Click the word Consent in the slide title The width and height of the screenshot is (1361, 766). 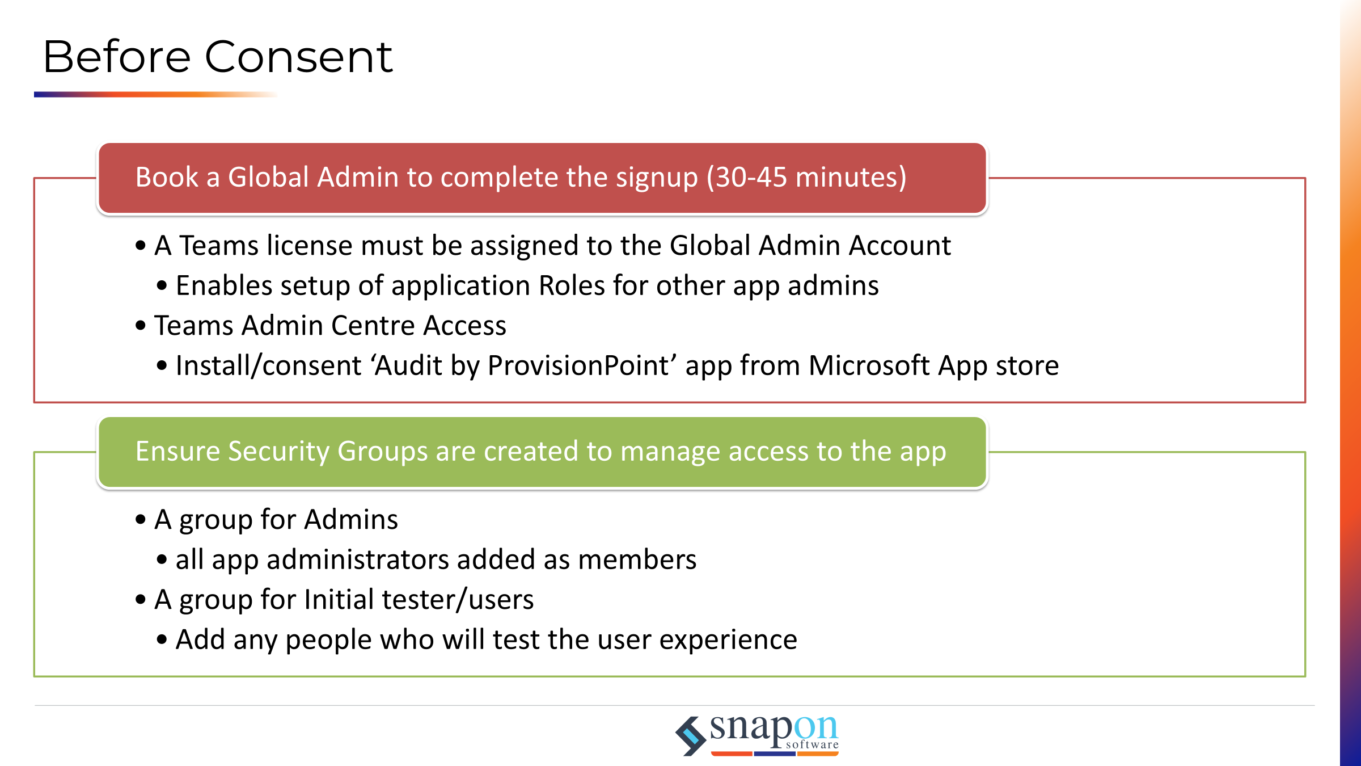pyautogui.click(x=298, y=57)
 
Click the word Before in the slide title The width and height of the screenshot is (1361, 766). pyautogui.click(x=117, y=57)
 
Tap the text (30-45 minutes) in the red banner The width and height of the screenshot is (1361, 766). pyautogui.click(x=806, y=177)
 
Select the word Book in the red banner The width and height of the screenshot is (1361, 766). pyautogui.click(x=167, y=177)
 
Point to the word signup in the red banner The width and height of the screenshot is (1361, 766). pyautogui.click(x=657, y=178)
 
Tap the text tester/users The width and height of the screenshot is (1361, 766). pyautogui.click(x=458, y=600)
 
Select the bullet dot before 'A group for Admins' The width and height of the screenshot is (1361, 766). pyautogui.click(x=141, y=520)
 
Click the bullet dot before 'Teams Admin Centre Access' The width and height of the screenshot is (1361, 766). pyautogui.click(x=141, y=326)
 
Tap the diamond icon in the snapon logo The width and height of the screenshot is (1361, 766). pyautogui.click(x=691, y=736)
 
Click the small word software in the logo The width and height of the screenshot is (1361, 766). pyautogui.click(x=812, y=744)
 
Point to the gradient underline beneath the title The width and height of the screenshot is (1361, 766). pyautogui.click(x=156, y=94)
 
